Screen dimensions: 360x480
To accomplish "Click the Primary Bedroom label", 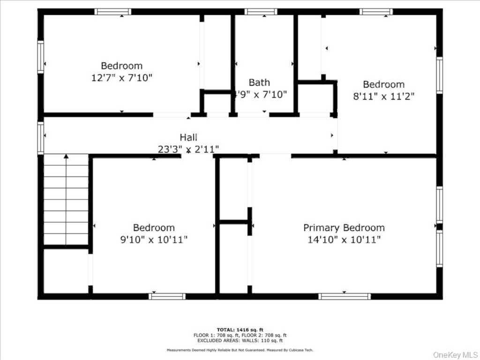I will point(344,228).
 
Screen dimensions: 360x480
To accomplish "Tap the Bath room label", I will point(259,82).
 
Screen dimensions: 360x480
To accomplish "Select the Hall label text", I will point(188,137).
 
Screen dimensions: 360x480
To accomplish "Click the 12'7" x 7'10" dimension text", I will point(122,78).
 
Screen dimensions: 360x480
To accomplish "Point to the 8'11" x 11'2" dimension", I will point(383,97).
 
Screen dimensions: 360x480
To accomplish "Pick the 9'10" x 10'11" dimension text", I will point(154,240).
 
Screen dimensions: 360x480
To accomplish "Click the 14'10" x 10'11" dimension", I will point(344,240).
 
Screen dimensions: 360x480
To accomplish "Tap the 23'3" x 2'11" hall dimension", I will point(188,150).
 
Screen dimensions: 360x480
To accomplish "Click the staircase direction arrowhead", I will point(66,157).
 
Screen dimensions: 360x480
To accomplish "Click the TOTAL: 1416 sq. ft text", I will point(240,330).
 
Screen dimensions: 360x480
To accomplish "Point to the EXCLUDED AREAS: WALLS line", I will point(240,341).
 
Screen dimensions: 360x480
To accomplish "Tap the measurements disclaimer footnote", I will point(240,350).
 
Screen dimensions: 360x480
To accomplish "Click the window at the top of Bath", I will point(261,12).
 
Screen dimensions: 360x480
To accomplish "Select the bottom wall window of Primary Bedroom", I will point(344,296).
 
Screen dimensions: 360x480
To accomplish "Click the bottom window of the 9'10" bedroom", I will point(167,296).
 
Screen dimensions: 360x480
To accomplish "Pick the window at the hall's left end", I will point(41,138).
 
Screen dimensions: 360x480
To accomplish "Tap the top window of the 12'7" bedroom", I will point(112,12).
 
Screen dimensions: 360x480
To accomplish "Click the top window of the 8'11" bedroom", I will point(376,12).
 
